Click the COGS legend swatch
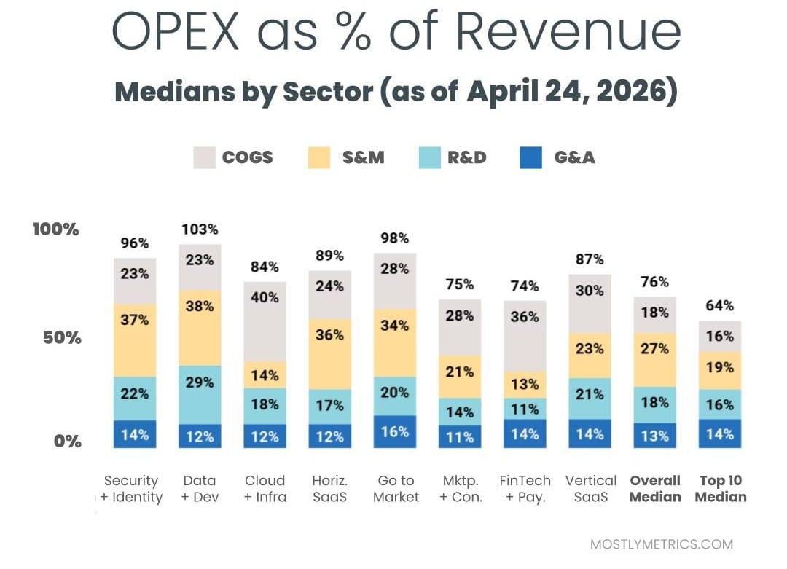click(x=205, y=157)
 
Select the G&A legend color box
click(x=531, y=157)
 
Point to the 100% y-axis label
click(x=55, y=229)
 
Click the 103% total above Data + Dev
click(x=200, y=229)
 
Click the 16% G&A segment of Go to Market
click(x=395, y=431)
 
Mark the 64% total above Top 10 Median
click(x=720, y=306)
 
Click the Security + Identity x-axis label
click(x=131, y=489)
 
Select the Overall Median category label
click(x=655, y=489)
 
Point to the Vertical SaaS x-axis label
click(x=590, y=489)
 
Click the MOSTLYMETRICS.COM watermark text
click(x=662, y=544)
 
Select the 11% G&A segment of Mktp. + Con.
click(x=460, y=436)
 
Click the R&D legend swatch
click(x=431, y=157)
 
